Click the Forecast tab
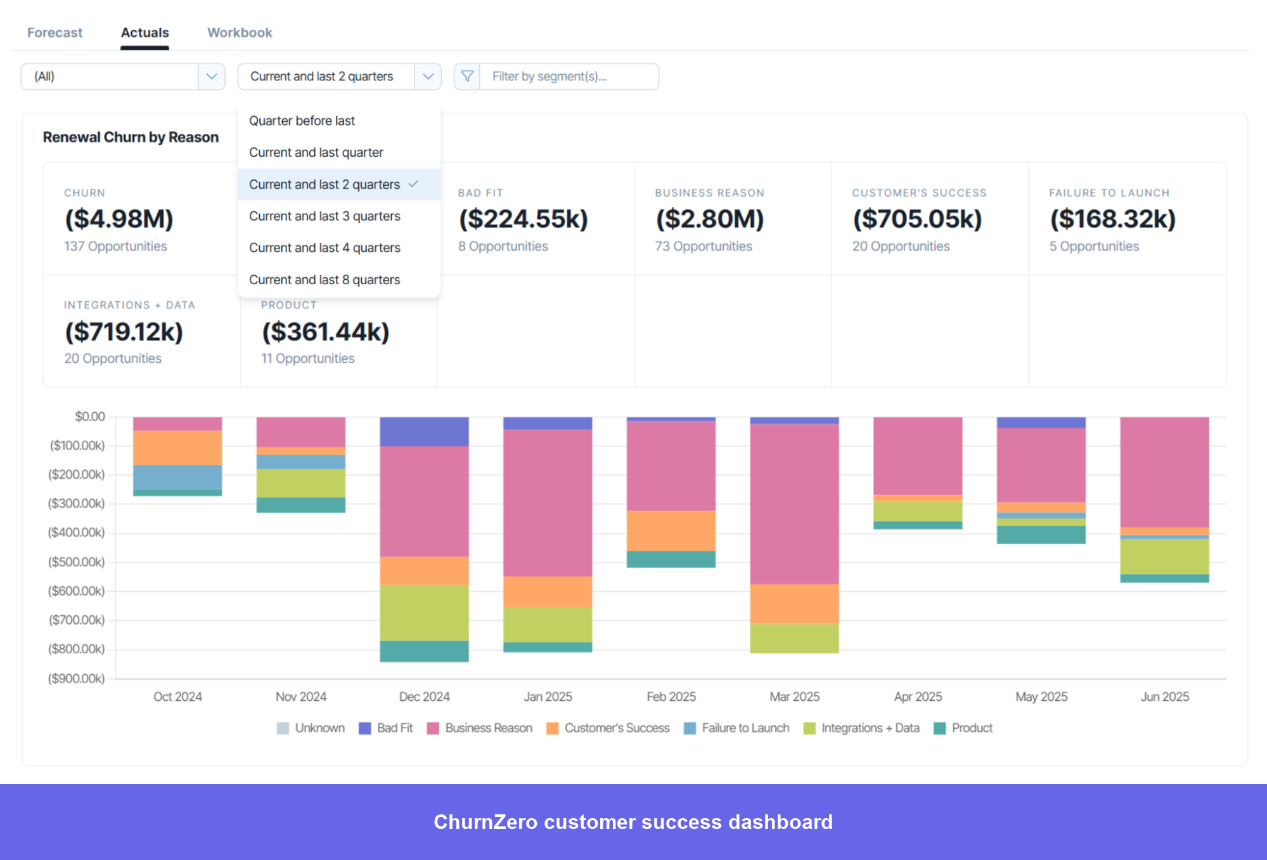click(x=55, y=32)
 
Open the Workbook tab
click(x=240, y=32)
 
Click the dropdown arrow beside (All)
click(x=212, y=77)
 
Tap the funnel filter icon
click(x=467, y=77)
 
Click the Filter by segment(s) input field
click(x=568, y=77)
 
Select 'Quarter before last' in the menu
click(x=302, y=121)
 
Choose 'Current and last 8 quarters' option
click(x=325, y=280)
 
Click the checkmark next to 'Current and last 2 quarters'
click(x=413, y=184)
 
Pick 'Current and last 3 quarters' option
click(x=325, y=216)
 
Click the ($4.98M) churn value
click(x=119, y=219)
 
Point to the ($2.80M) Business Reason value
click(x=710, y=219)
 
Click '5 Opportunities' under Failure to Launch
click(x=1094, y=246)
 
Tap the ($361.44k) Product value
click(x=326, y=332)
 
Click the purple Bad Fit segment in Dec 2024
click(x=424, y=431)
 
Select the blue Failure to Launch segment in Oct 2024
click(x=177, y=477)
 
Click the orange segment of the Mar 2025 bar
click(x=794, y=603)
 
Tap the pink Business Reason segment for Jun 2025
click(x=1164, y=472)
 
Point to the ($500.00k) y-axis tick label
click(x=77, y=562)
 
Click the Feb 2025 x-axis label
click(x=671, y=696)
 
